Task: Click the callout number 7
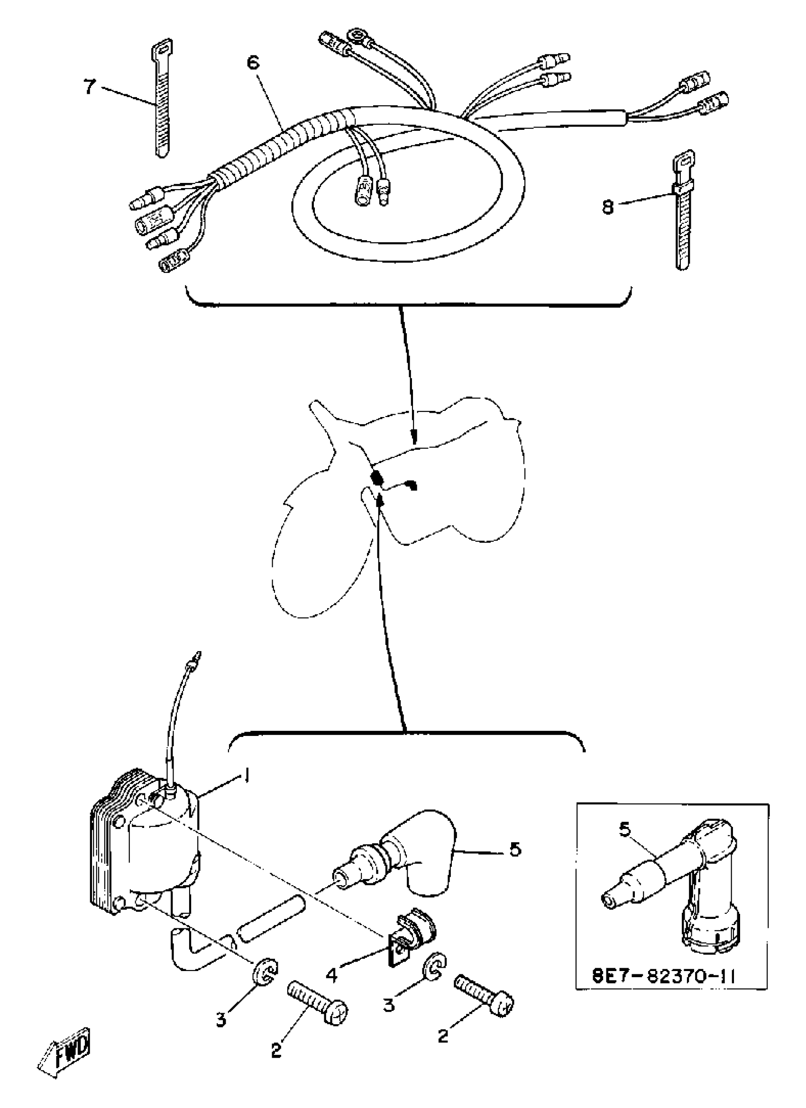coord(89,88)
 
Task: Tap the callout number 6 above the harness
coord(253,64)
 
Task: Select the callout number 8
coord(607,207)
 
